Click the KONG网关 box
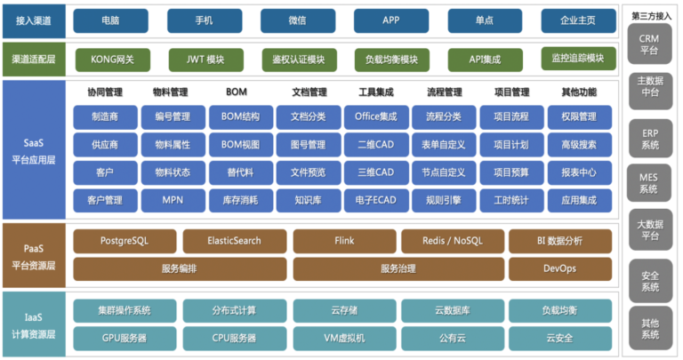pyautogui.click(x=113, y=60)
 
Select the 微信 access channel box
pyautogui.click(x=298, y=20)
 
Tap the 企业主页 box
pyautogui.click(x=578, y=20)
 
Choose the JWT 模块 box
pyautogui.click(x=206, y=60)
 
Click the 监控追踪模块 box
pyautogui.click(x=578, y=59)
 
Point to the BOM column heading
pyautogui.click(x=237, y=92)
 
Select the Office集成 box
pyautogui.click(x=376, y=117)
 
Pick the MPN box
pyautogui.click(x=173, y=201)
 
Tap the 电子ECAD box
pyautogui.click(x=376, y=201)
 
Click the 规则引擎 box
pyautogui.click(x=444, y=201)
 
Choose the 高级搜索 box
pyautogui.click(x=579, y=145)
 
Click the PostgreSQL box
pyautogui.click(x=125, y=241)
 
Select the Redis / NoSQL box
pyautogui.click(x=453, y=241)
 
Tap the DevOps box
pyautogui.click(x=560, y=269)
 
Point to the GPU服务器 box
pyautogui.click(x=125, y=339)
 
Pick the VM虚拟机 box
pyautogui.click(x=344, y=339)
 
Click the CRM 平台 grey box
pyautogui.click(x=649, y=44)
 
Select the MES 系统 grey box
pyautogui.click(x=649, y=183)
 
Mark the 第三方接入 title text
pyautogui.click(x=651, y=16)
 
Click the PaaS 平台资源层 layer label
pyautogui.click(x=34, y=257)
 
